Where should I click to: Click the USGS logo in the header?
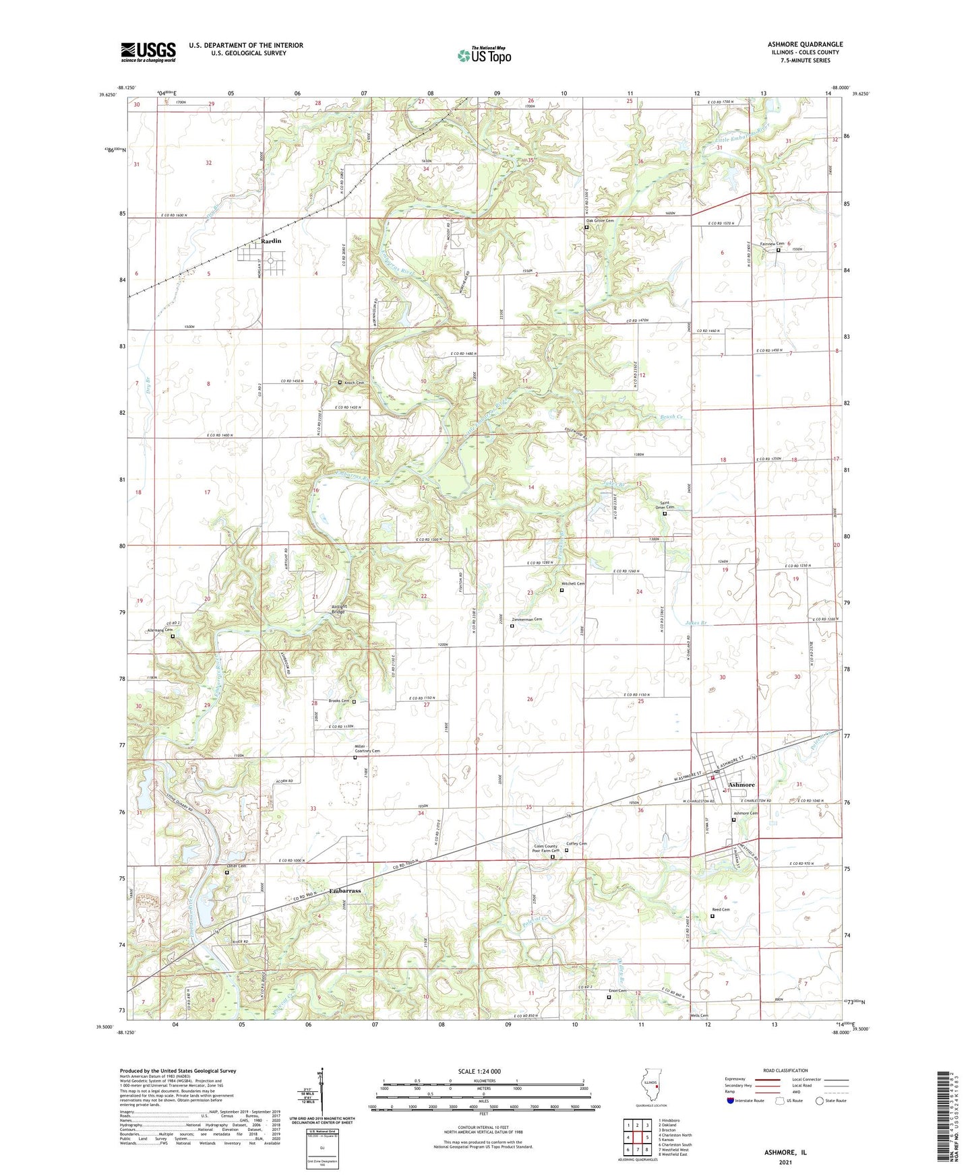[148, 52]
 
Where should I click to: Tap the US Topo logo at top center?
[484, 55]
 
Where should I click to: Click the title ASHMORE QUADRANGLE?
[805, 44]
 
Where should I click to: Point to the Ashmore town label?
[741, 785]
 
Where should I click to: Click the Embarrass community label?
[345, 890]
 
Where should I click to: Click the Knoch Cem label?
[354, 383]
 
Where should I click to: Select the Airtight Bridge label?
[339, 608]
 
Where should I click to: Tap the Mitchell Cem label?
[573, 583]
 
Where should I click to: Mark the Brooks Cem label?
[338, 701]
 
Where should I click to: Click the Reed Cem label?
[721, 909]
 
